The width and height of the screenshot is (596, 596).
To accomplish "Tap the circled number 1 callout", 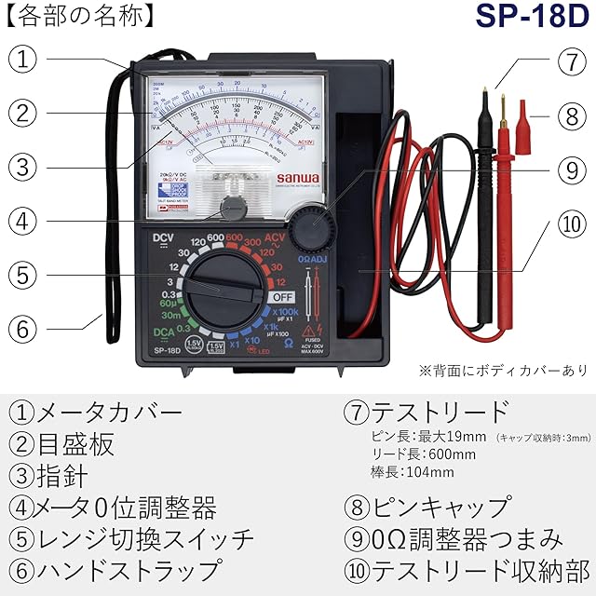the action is (x=27, y=60).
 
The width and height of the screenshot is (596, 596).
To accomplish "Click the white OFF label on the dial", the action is (x=282, y=297).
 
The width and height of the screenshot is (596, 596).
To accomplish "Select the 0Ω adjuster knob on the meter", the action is (x=309, y=227).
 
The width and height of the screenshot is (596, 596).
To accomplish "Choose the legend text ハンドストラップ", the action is (x=128, y=569).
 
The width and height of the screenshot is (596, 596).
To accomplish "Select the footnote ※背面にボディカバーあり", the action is (x=503, y=371).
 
